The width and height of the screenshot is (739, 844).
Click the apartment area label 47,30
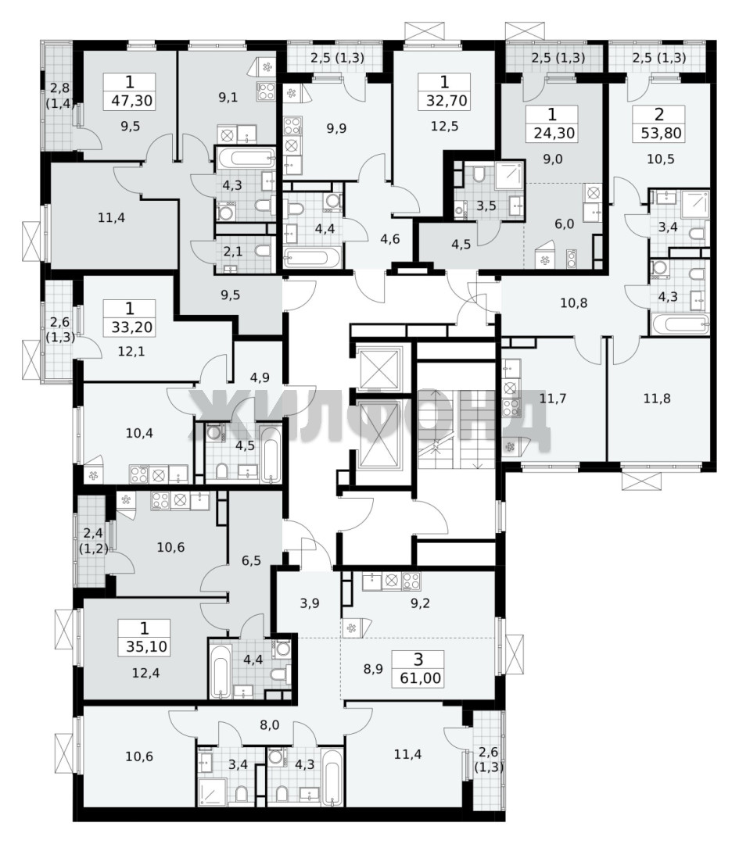[x=131, y=100]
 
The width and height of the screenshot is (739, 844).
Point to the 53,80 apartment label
[x=661, y=132]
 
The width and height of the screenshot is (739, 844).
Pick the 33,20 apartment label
[x=131, y=327]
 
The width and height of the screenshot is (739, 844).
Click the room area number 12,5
[x=444, y=126]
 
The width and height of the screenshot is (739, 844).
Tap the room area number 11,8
[x=657, y=399]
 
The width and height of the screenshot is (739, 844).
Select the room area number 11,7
[x=553, y=399]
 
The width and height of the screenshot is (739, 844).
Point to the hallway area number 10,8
[x=574, y=303]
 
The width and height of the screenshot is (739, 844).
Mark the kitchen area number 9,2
[x=420, y=603]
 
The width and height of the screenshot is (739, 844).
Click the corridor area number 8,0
[x=269, y=725]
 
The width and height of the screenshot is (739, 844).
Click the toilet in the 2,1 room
[x=262, y=251]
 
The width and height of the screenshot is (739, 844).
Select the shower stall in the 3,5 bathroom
[x=508, y=174]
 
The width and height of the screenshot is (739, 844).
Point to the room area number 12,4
[x=146, y=673]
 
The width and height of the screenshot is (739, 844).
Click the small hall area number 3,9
[x=310, y=603]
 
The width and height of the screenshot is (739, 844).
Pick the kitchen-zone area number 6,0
[x=564, y=224]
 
